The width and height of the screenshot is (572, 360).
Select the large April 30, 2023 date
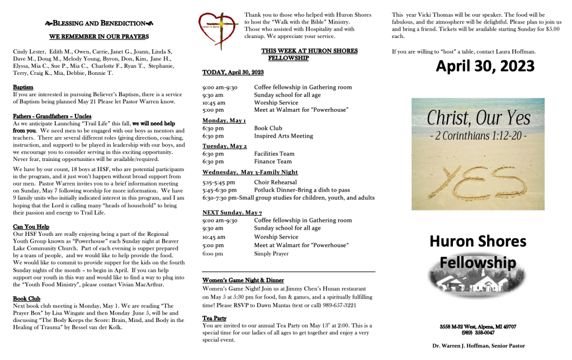[x=485, y=67]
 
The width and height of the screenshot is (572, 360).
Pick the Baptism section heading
[x=23, y=88]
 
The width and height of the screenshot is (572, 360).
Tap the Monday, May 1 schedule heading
[x=220, y=120]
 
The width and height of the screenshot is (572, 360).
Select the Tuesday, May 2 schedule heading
[x=221, y=146]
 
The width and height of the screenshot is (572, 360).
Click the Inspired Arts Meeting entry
[x=283, y=136]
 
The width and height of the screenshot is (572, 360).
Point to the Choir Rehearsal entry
[x=275, y=182]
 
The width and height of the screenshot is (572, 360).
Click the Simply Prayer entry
[x=271, y=253]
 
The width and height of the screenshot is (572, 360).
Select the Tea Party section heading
[x=214, y=318]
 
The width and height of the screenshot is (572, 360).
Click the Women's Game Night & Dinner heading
[x=243, y=280]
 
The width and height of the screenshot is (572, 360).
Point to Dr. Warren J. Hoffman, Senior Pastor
[x=478, y=346]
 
